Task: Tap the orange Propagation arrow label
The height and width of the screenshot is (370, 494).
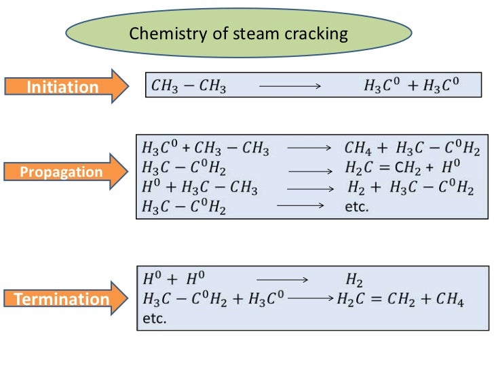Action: [61, 172]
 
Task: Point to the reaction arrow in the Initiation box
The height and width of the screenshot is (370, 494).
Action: [290, 86]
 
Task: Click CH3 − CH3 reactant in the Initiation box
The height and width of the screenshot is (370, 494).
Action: [188, 86]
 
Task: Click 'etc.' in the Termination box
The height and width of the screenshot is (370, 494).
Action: [154, 318]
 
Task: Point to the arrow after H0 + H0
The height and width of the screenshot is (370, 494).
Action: [282, 279]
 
